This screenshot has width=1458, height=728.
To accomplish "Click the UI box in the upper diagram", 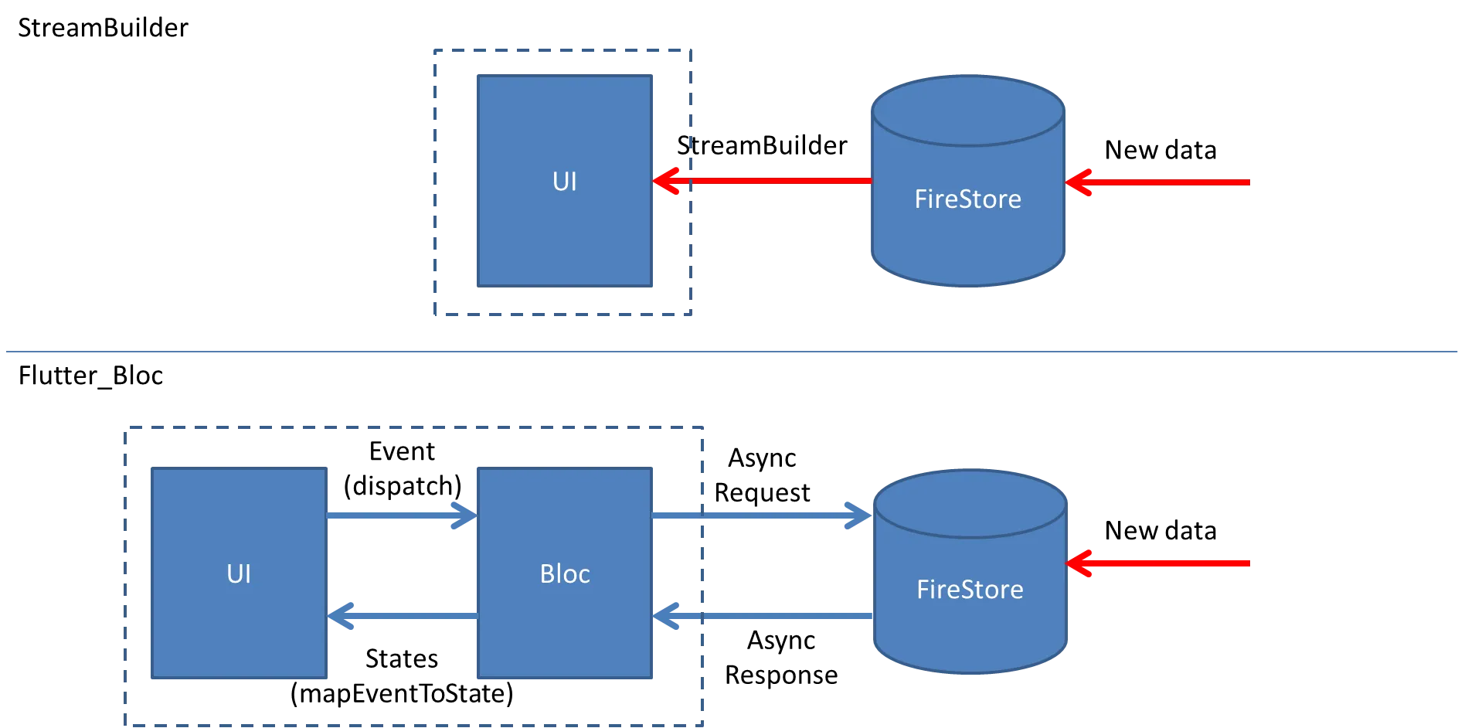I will [x=565, y=182].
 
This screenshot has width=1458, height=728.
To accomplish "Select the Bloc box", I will [x=565, y=573].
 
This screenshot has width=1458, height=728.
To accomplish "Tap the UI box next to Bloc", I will [x=239, y=573].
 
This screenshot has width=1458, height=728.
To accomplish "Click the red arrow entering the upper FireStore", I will [x=1159, y=182].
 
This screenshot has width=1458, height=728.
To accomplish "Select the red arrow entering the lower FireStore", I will [x=1159, y=563].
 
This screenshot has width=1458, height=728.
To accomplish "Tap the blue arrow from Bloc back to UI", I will [x=402, y=616].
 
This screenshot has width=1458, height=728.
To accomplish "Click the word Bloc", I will [x=565, y=573].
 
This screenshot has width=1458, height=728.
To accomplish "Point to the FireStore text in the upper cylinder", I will [x=967, y=199].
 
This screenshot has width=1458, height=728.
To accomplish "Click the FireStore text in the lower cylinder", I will [x=970, y=590].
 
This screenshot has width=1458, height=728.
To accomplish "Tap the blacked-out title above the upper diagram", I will [x=104, y=26].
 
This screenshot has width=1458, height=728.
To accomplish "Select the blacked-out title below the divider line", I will [x=92, y=376].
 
